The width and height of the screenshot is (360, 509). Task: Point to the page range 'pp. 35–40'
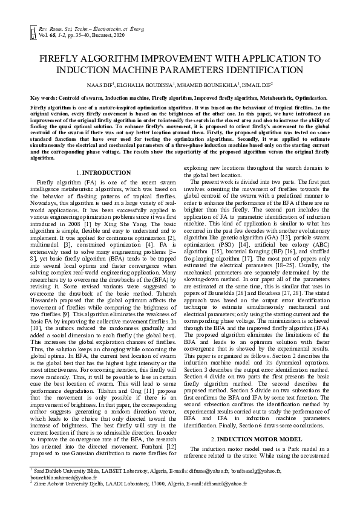pos(85,36)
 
